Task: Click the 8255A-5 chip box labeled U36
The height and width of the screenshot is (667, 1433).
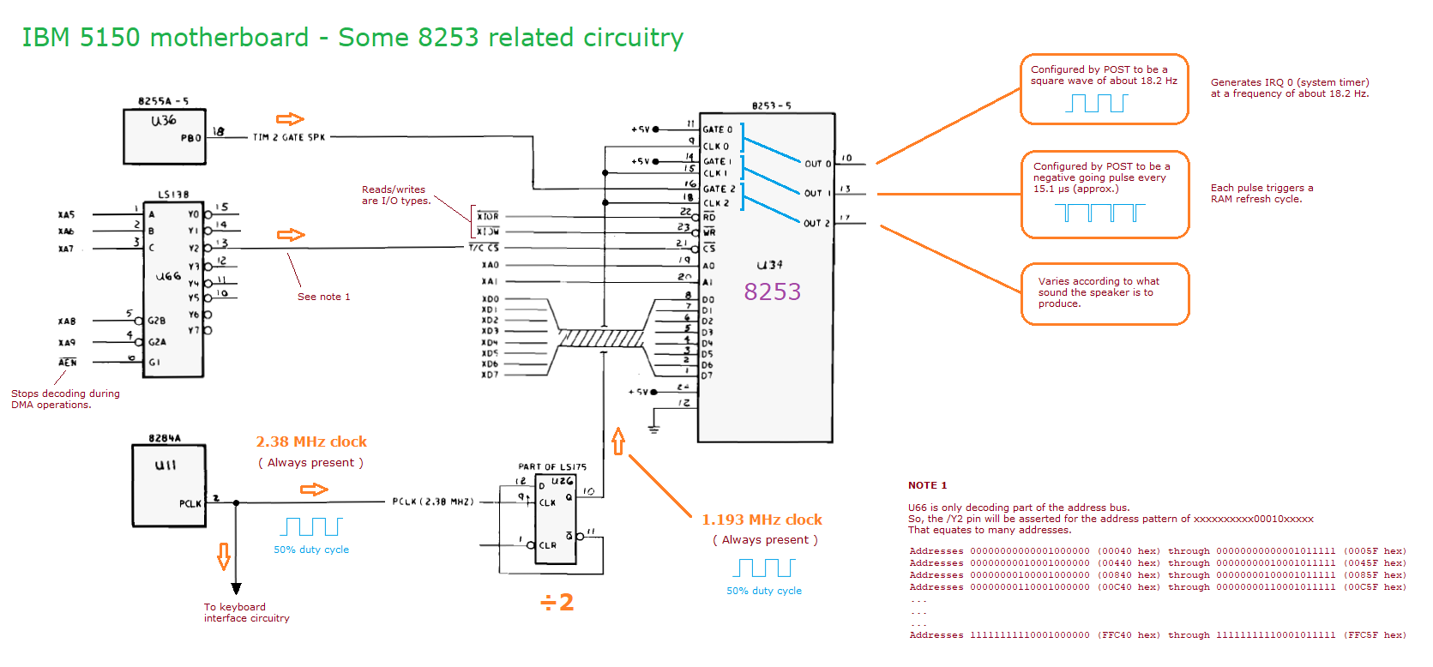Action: pyautogui.click(x=164, y=135)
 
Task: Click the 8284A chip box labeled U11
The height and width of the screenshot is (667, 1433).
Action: pyautogui.click(x=169, y=484)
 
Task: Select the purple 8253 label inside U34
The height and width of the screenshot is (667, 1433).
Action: pyautogui.click(x=772, y=292)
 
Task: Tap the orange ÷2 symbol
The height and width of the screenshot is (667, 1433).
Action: pyautogui.click(x=557, y=603)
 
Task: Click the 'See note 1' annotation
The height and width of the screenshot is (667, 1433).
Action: pyautogui.click(x=323, y=297)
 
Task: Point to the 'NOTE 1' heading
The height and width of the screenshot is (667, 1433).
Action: pyautogui.click(x=927, y=485)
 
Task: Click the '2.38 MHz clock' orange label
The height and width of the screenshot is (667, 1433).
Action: pyautogui.click(x=311, y=442)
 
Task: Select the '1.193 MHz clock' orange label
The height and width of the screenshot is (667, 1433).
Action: pyautogui.click(x=762, y=520)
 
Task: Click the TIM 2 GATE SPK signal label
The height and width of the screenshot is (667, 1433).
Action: pyautogui.click(x=289, y=137)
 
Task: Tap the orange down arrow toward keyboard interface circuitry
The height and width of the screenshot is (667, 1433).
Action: pyautogui.click(x=224, y=556)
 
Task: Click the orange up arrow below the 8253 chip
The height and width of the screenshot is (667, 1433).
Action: pyautogui.click(x=618, y=442)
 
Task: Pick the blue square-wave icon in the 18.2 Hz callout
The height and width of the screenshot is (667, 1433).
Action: pyautogui.click(x=1096, y=103)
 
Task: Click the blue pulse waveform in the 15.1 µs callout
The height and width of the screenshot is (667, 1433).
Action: pyautogui.click(x=1099, y=212)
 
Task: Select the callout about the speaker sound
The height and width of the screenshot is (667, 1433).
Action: pyautogui.click(x=1105, y=293)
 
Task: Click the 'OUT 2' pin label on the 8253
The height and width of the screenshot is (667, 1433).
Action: pyautogui.click(x=816, y=224)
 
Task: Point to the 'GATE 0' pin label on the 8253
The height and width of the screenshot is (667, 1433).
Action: pyautogui.click(x=718, y=130)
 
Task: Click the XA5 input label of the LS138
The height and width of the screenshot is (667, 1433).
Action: pyautogui.click(x=66, y=214)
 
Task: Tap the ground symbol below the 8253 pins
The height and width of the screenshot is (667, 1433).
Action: pyautogui.click(x=653, y=426)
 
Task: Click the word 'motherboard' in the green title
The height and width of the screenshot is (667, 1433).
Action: pyautogui.click(x=229, y=38)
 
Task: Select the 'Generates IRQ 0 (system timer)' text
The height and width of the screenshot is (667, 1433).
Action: pyautogui.click(x=1289, y=82)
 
